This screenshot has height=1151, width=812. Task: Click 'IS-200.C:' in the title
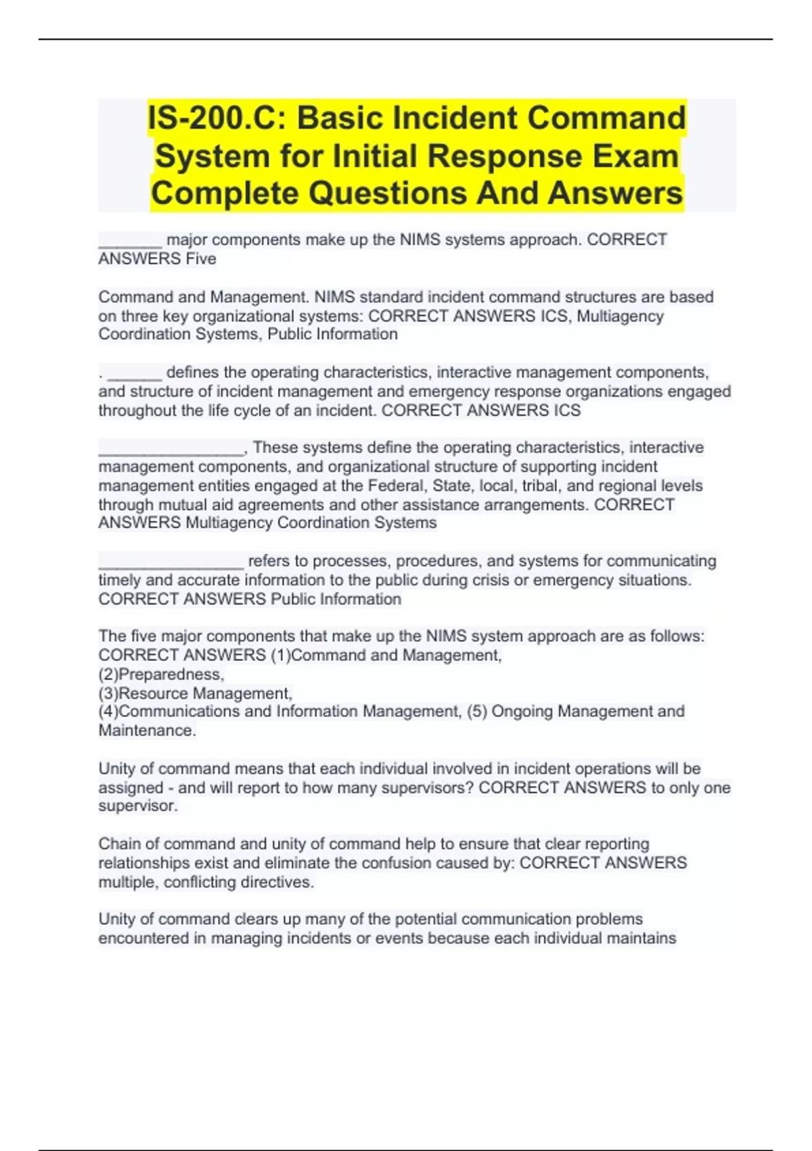click(216, 118)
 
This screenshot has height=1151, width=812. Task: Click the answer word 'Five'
click(201, 259)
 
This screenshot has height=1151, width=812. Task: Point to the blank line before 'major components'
click(130, 245)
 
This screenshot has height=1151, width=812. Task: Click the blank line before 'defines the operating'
click(135, 378)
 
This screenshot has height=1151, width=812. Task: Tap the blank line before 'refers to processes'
click(171, 566)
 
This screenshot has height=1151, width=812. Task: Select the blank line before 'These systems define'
click(171, 453)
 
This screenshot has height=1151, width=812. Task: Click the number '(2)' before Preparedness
click(108, 674)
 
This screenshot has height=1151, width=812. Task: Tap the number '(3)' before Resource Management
click(108, 693)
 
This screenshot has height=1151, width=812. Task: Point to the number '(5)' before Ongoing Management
click(476, 712)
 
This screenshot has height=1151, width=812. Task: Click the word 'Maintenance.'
click(148, 731)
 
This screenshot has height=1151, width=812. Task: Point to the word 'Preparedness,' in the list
click(171, 674)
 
